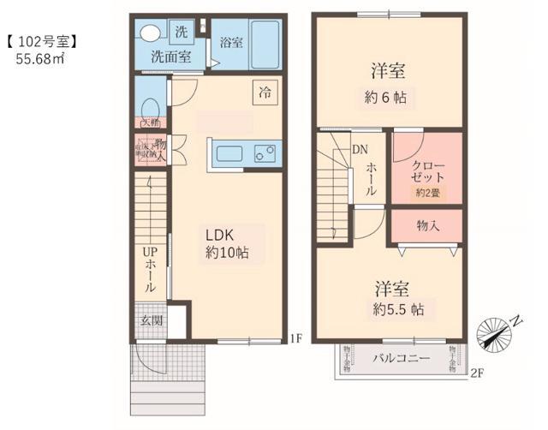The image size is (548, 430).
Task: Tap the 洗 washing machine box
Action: tap(181, 31)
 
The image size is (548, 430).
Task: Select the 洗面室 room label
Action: tap(171, 57)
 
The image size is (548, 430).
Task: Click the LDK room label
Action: tap(219, 234)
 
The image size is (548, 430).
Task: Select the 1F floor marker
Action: tap(295, 337)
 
